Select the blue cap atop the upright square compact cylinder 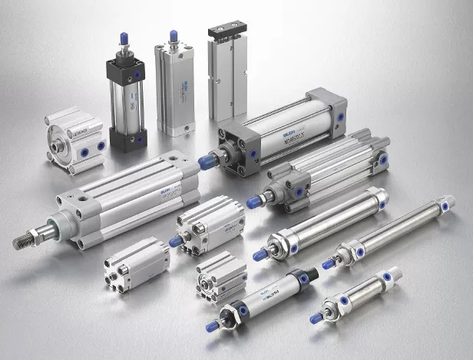coord(174,35)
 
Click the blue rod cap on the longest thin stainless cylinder coord(328,264)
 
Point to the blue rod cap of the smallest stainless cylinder coord(316,317)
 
